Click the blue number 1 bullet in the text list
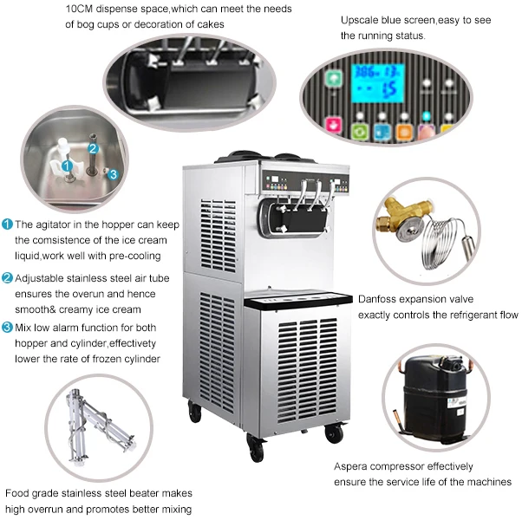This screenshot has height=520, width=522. pyautogui.click(x=7, y=224)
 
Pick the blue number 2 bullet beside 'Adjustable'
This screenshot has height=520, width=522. pyautogui.click(x=7, y=278)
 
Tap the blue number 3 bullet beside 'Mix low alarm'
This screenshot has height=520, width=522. pyautogui.click(x=7, y=327)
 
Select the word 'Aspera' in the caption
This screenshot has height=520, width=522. pyautogui.click(x=353, y=466)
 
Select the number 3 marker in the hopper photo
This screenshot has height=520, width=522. pyautogui.click(x=112, y=172)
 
